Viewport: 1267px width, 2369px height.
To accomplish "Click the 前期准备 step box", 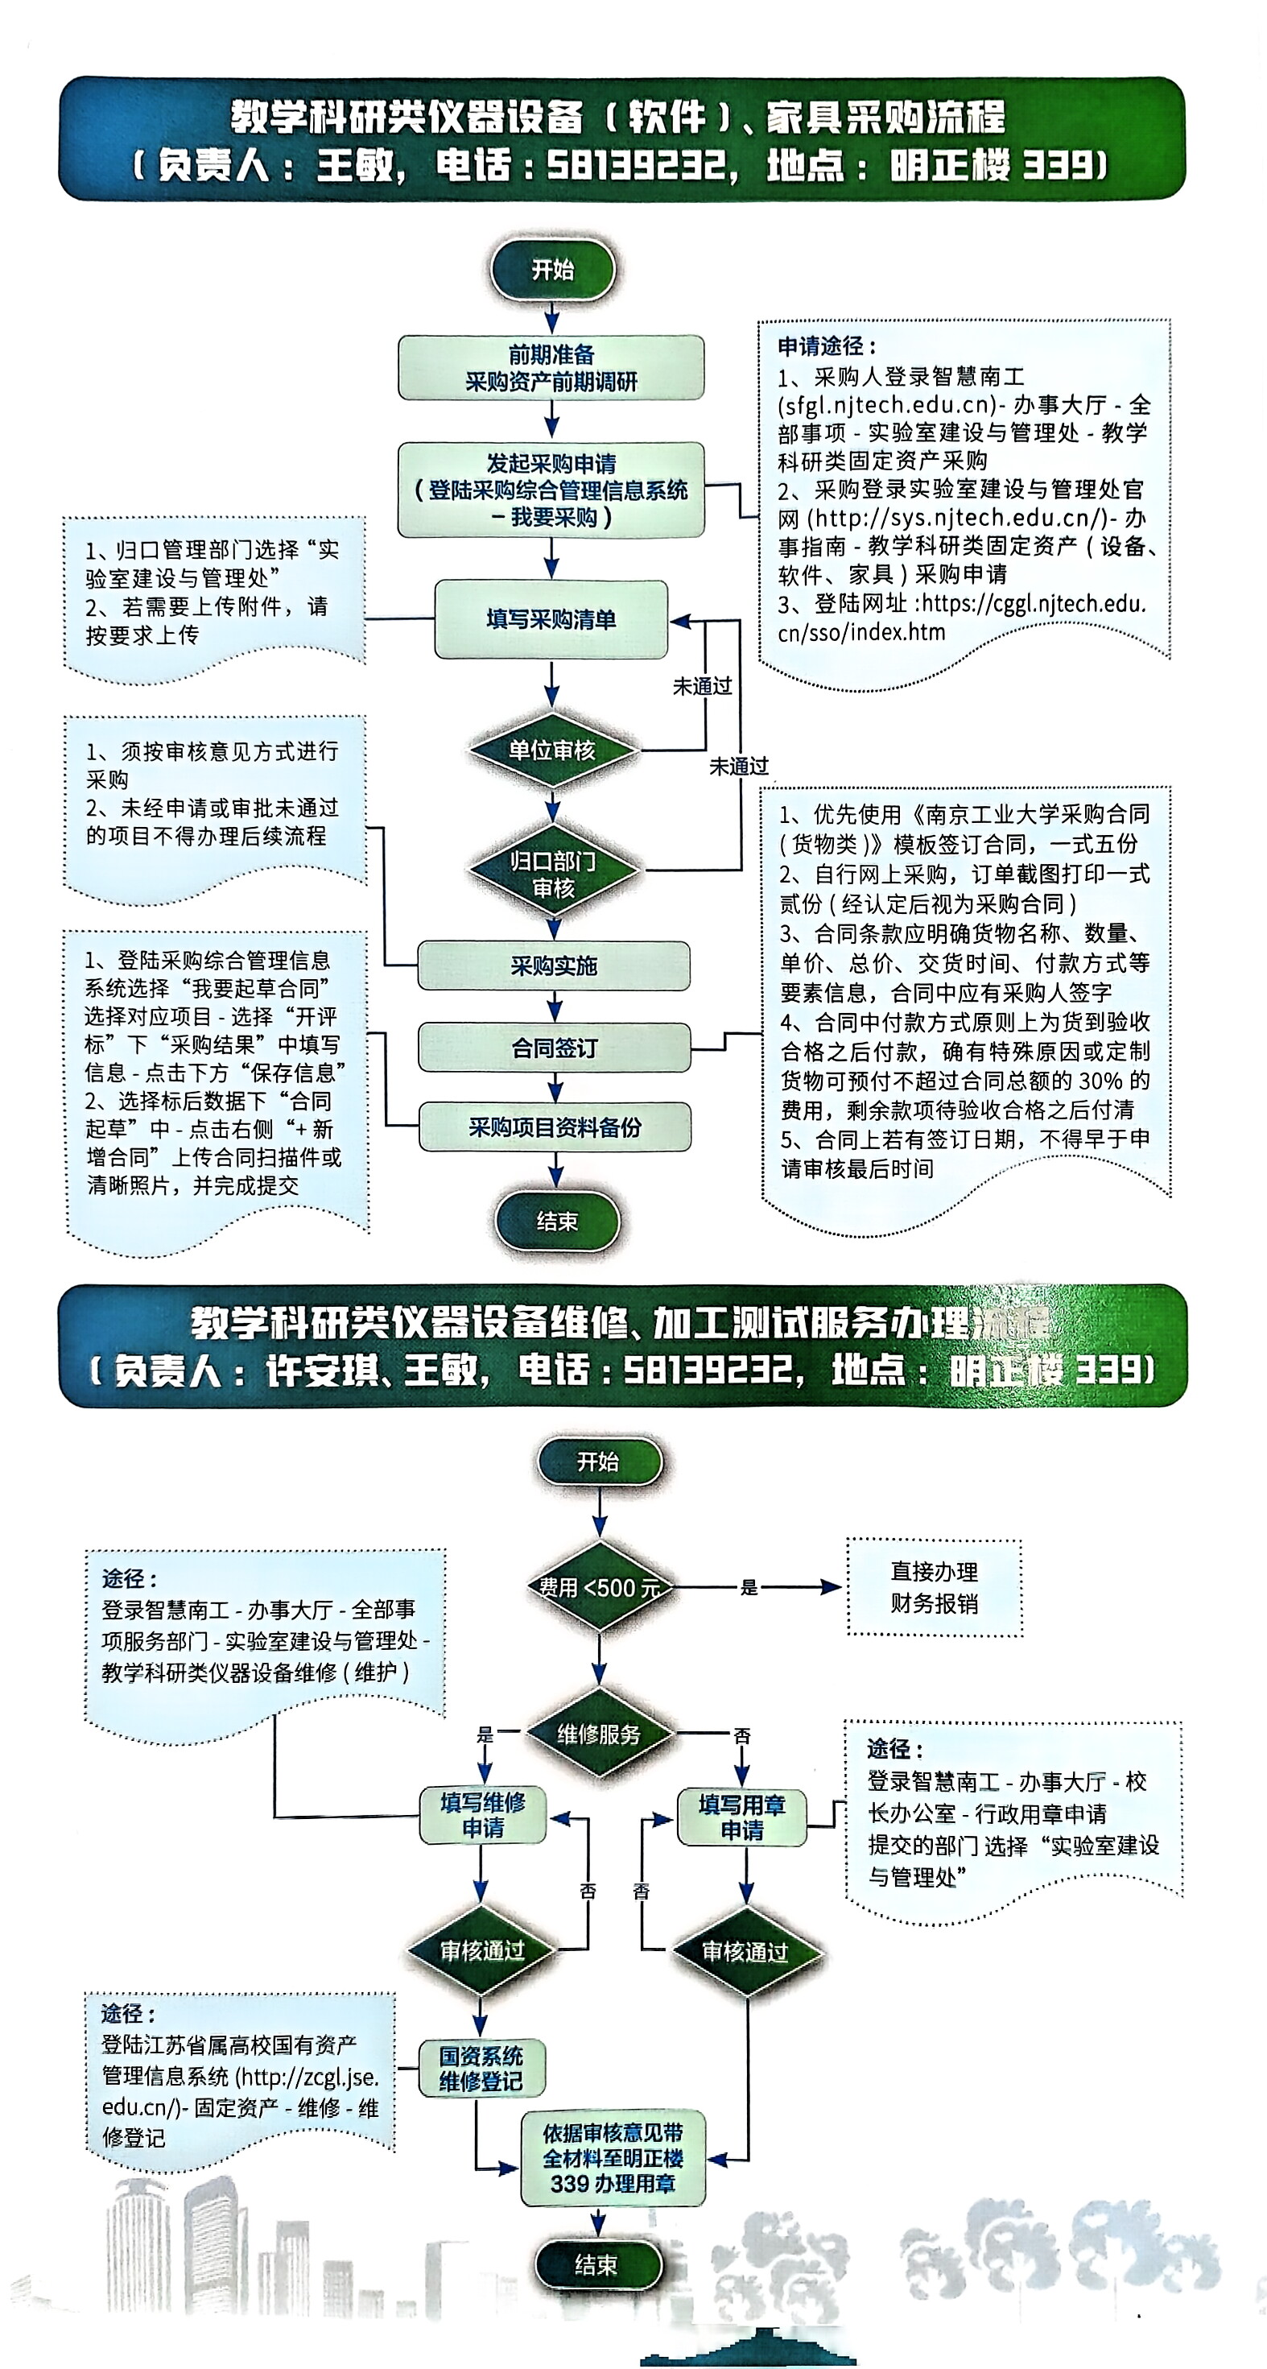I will pyautogui.click(x=551, y=367).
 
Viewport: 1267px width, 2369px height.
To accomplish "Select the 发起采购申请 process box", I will pyautogui.click(x=551, y=490).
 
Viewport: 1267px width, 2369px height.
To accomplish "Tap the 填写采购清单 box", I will pyautogui.click(x=551, y=619).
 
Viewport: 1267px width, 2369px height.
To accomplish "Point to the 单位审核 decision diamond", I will pyautogui.click(x=551, y=750).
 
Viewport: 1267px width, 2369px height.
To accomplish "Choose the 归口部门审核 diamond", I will pyautogui.click(x=552, y=874).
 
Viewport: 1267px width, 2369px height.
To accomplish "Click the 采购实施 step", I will pyautogui.click(x=554, y=965).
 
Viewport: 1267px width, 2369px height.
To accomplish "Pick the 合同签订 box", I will pyautogui.click(x=554, y=1048).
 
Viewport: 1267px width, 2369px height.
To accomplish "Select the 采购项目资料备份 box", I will pyautogui.click(x=555, y=1127).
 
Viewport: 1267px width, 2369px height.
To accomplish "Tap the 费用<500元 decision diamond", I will pyautogui.click(x=600, y=1586).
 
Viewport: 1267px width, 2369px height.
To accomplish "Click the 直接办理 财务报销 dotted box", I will pyautogui.click(x=933, y=1586).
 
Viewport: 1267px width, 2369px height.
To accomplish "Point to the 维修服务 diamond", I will pyautogui.click(x=599, y=1734).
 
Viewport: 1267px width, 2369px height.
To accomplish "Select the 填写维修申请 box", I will pyautogui.click(x=483, y=1814).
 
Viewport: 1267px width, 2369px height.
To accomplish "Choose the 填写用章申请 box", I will pyautogui.click(x=742, y=1817).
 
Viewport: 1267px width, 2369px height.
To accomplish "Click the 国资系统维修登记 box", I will pyautogui.click(x=481, y=2069).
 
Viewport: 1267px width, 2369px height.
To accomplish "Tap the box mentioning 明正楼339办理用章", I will pyautogui.click(x=613, y=2157).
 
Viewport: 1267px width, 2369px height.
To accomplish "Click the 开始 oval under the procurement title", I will pyautogui.click(x=552, y=270).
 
